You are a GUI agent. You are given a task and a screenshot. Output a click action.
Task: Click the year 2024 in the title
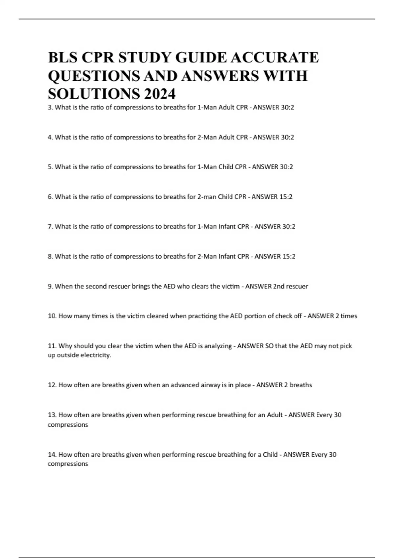pyautogui.click(x=160, y=94)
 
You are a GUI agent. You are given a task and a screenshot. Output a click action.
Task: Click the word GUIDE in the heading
pyautogui.click(x=201, y=57)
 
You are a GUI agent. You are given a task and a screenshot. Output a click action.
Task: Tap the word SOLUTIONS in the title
pyautogui.click(x=94, y=94)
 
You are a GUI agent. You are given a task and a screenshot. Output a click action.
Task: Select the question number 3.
pyautogui.click(x=50, y=107)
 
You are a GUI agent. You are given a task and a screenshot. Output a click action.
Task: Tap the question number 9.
pyautogui.click(x=50, y=286)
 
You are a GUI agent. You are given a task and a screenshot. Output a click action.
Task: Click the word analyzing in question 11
pyautogui.click(x=218, y=346)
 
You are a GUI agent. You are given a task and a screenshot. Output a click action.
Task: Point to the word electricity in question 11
pyautogui.click(x=95, y=355)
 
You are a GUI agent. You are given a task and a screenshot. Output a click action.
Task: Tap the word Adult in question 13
pyautogui.click(x=275, y=415)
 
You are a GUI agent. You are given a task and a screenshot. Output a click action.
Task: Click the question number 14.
pyautogui.click(x=52, y=455)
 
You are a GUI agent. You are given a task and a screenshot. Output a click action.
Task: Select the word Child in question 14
pyautogui.click(x=270, y=455)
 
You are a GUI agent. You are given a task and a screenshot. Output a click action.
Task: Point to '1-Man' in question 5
pyautogui.click(x=207, y=167)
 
